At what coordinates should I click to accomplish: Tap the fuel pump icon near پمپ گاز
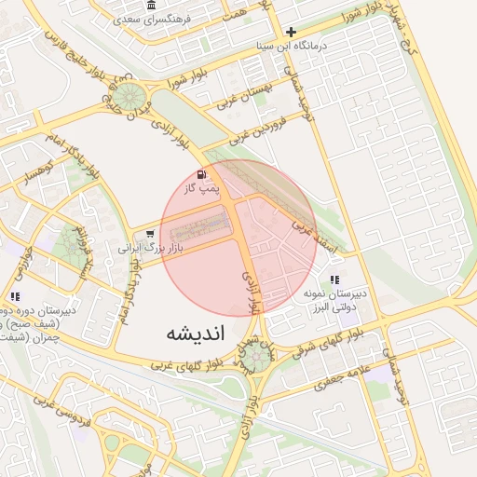point(202,175)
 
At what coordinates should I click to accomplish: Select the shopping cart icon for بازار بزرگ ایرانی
point(149,234)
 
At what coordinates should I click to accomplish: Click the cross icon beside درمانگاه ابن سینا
point(292,32)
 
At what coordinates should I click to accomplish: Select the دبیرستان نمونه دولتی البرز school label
point(335,299)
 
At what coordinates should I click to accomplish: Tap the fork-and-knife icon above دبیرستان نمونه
point(334,279)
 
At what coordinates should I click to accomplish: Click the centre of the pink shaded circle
point(238,238)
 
